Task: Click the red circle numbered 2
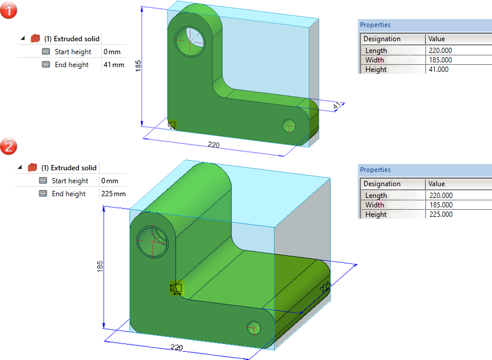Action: coord(8,146)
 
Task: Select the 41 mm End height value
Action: coord(114,65)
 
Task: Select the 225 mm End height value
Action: coord(113,194)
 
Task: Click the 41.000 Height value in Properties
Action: coord(438,70)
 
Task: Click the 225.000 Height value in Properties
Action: coord(441,214)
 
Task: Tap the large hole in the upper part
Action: coord(190,41)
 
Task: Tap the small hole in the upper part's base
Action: coord(289,126)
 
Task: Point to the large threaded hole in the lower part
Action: coord(153,242)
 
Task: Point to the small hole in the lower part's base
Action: coord(254,328)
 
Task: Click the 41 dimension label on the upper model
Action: coord(336,105)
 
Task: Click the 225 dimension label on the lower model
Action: coord(325,287)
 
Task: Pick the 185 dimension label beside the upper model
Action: coord(138,66)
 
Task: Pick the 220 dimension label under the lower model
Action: coord(177,348)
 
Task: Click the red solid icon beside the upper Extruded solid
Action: coord(35,39)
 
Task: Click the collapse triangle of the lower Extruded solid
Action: coord(20,167)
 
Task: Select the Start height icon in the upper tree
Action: coord(46,51)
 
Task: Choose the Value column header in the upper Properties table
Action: coord(437,39)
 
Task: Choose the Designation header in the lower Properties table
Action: coord(382,184)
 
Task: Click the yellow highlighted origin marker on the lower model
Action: coord(177,288)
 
